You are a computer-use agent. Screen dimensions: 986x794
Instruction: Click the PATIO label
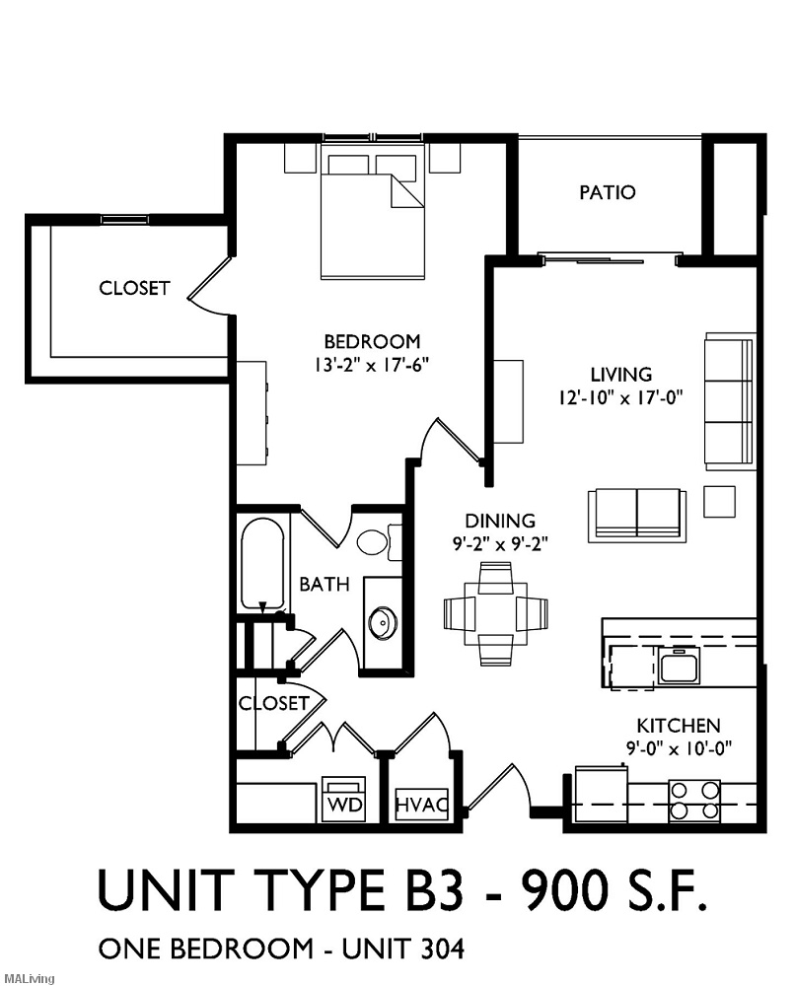coord(607,192)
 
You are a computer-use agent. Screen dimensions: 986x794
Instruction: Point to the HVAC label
coord(422,805)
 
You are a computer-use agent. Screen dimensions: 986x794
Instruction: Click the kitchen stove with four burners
coord(694,801)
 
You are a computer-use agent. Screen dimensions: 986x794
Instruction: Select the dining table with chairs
coord(494,612)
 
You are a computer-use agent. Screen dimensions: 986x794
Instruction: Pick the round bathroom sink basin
coord(382,622)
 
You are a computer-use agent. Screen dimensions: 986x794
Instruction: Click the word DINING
coord(501,521)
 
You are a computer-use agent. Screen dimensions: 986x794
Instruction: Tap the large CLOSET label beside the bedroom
coord(134,289)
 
